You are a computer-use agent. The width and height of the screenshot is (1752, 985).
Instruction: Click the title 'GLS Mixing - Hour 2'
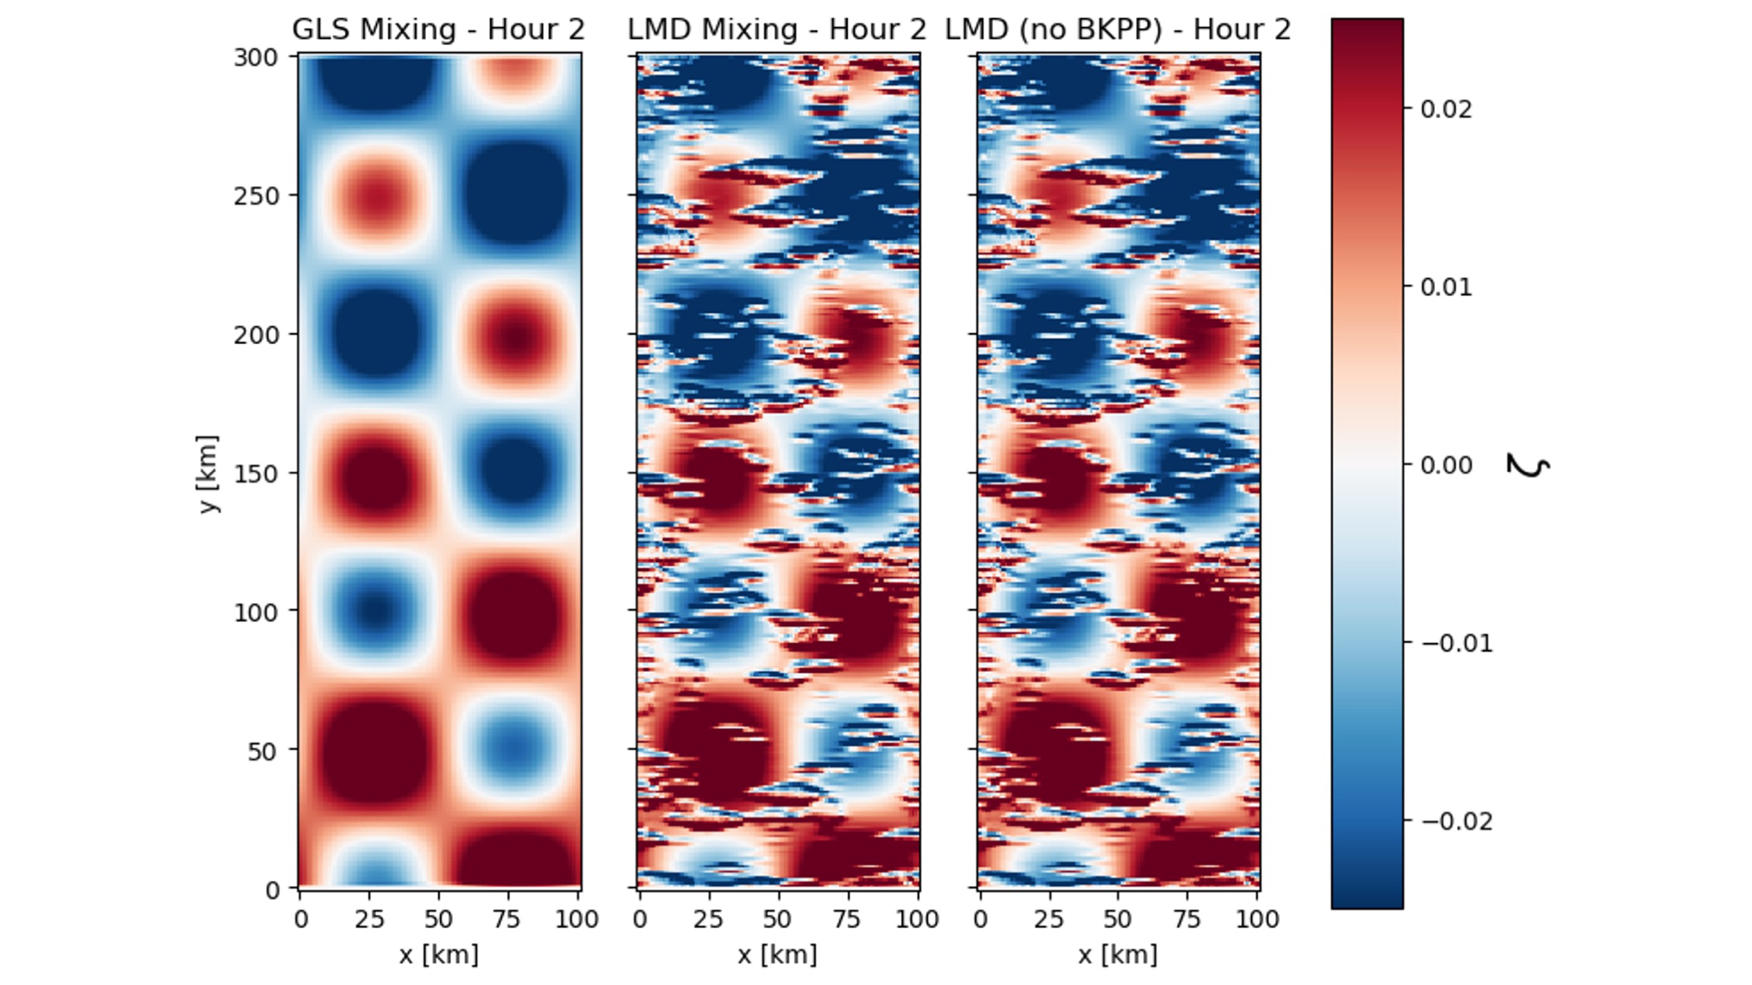(x=438, y=30)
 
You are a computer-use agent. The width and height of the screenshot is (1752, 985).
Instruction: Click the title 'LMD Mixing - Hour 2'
(x=777, y=30)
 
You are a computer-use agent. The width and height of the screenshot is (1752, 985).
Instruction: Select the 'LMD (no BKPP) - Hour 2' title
(x=1118, y=30)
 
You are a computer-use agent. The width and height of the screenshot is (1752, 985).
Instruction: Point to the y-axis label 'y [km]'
(x=207, y=473)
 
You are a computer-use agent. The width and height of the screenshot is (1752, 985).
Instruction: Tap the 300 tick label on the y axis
(x=256, y=58)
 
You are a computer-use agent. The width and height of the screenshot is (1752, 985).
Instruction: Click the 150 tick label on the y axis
(x=256, y=473)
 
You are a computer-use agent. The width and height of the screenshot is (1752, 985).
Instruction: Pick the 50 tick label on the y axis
(x=263, y=751)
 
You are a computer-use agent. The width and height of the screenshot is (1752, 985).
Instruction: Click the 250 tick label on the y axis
(x=256, y=196)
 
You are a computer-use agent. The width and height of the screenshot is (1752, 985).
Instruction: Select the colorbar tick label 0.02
(x=1446, y=109)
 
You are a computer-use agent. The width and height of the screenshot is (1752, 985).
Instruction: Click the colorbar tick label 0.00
(x=1446, y=465)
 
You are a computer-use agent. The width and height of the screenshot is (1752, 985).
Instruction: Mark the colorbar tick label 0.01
(x=1446, y=287)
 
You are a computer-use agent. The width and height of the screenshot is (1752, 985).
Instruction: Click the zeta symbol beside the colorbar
(x=1528, y=465)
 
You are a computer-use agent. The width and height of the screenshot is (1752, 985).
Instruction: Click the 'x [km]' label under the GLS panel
(x=439, y=955)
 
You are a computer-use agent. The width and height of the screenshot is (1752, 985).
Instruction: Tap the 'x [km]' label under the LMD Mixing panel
(x=777, y=955)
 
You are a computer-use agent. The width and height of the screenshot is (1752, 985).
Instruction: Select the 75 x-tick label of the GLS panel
(x=507, y=920)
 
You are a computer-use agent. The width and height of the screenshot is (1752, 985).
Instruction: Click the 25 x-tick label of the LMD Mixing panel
(x=708, y=920)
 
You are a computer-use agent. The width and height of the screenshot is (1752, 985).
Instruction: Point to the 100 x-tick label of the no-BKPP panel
(x=1257, y=920)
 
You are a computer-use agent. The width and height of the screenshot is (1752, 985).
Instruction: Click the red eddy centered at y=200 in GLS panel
(x=514, y=337)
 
